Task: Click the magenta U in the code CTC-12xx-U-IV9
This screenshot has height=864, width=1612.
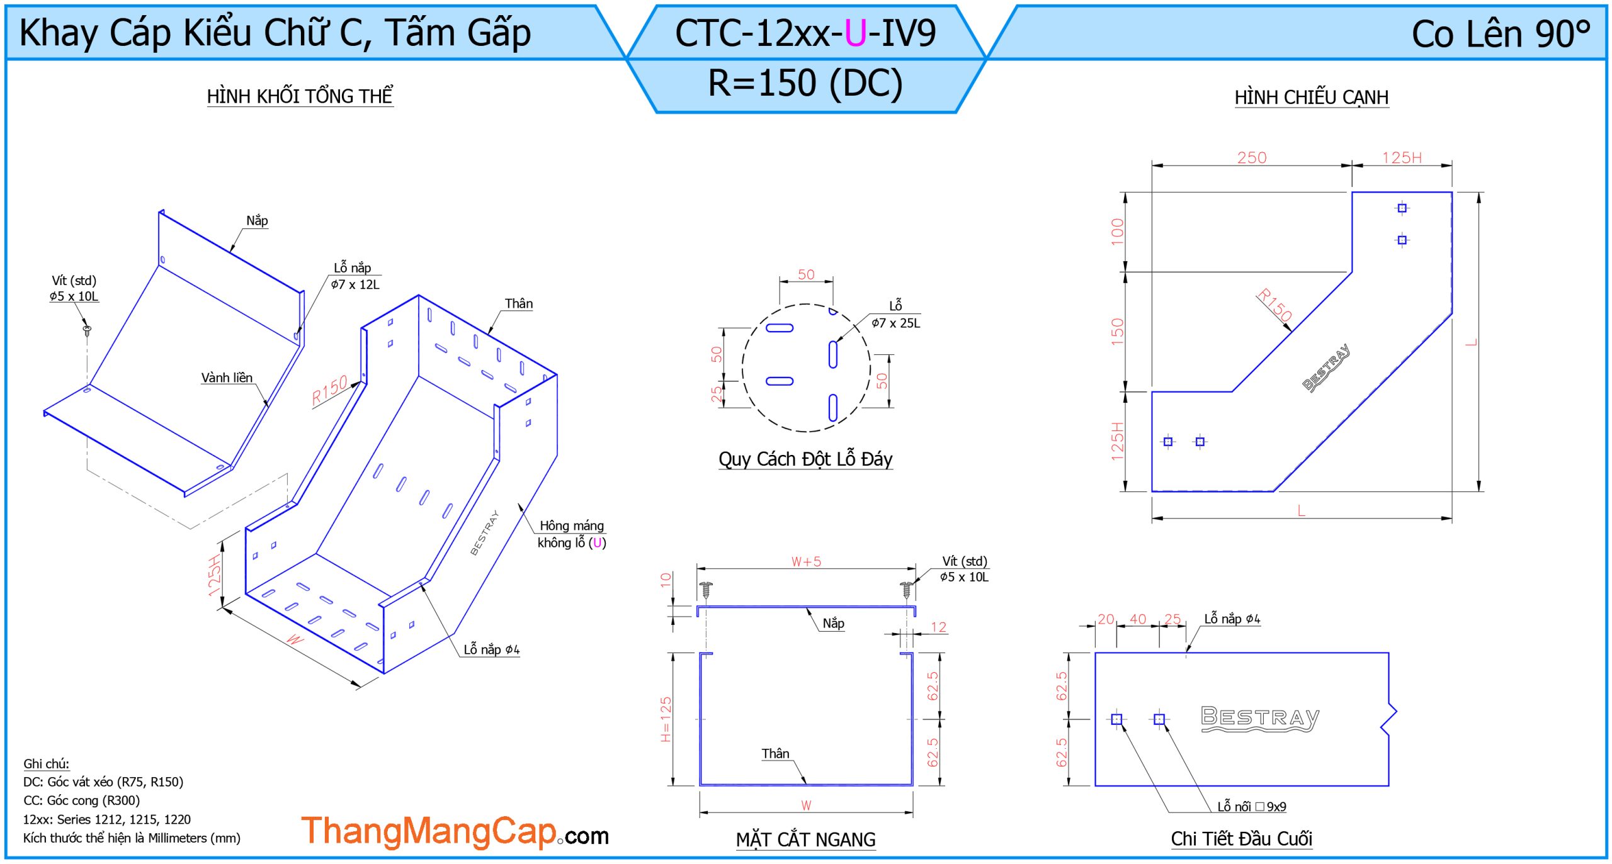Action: [855, 33]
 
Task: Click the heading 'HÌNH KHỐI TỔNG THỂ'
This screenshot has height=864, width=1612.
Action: [300, 96]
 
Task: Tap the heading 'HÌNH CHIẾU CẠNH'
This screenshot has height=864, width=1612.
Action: [1311, 98]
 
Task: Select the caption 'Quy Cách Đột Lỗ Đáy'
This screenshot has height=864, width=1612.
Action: [805, 459]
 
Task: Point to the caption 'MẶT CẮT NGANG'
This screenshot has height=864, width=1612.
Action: [805, 839]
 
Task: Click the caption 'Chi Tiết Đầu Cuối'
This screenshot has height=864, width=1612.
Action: [1241, 839]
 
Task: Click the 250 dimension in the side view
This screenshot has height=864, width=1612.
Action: [1251, 157]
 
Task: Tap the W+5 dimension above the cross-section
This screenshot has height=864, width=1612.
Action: [806, 561]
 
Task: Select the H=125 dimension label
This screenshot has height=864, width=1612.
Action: [666, 719]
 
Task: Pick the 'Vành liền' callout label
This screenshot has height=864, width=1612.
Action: [227, 378]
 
